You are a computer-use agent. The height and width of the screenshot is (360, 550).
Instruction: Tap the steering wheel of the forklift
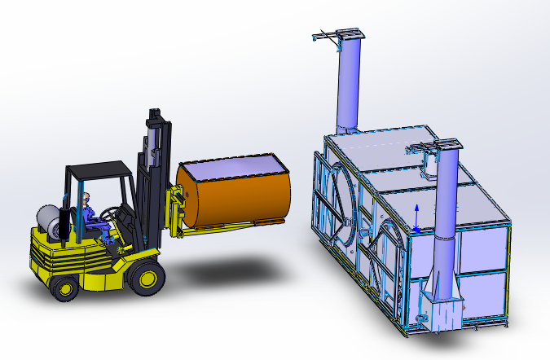pyautogui.click(x=117, y=213)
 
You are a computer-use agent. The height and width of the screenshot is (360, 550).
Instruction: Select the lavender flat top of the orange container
pyautogui.click(x=232, y=167)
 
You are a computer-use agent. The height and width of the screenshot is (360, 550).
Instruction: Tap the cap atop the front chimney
pyautogui.click(x=440, y=147)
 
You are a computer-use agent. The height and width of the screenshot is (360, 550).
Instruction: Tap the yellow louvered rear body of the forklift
pyautogui.click(x=57, y=252)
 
